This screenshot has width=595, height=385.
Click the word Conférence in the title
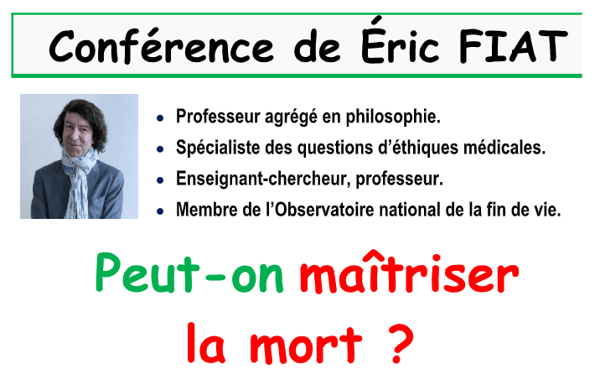click(161, 46)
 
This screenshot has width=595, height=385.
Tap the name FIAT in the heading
click(513, 45)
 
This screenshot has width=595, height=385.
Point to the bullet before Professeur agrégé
click(160, 118)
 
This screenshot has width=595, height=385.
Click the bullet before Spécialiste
click(160, 149)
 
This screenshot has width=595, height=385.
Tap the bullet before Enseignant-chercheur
click(160, 180)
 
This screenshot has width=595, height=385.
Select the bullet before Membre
click(160, 211)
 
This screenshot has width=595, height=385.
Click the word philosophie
click(393, 117)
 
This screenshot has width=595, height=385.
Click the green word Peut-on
click(189, 273)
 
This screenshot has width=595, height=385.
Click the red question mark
click(401, 343)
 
